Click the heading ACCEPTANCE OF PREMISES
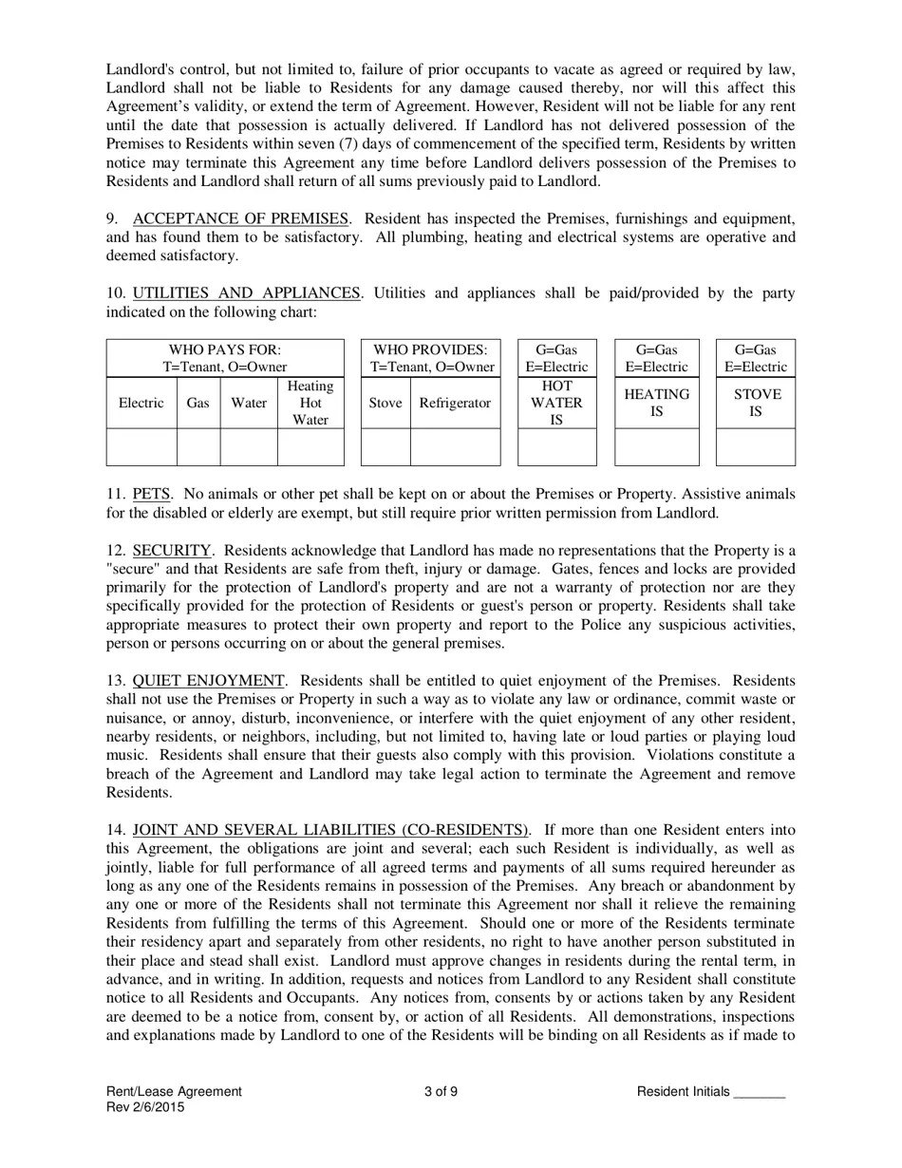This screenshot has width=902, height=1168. tap(241, 218)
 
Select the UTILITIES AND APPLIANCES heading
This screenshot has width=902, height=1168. tap(247, 292)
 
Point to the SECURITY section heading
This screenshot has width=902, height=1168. tap(172, 550)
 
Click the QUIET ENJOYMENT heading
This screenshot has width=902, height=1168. tap(209, 680)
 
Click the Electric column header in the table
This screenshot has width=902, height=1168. tap(141, 403)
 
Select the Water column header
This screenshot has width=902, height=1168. tap(249, 403)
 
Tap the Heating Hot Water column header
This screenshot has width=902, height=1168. tap(310, 403)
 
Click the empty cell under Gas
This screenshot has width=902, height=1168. tap(198, 446)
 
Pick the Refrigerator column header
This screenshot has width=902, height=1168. tap(455, 403)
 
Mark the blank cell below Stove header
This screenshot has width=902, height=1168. tap(385, 446)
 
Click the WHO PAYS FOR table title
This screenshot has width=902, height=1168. tap(225, 358)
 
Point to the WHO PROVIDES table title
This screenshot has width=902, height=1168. tap(432, 358)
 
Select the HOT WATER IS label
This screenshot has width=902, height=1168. tap(556, 403)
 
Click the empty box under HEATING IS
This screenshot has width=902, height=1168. tap(656, 446)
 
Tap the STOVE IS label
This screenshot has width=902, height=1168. tap(756, 403)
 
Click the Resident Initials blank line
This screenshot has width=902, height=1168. tap(760, 1092)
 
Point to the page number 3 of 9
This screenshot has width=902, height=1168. tap(442, 1091)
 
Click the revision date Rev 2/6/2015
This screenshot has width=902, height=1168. tap(145, 1107)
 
